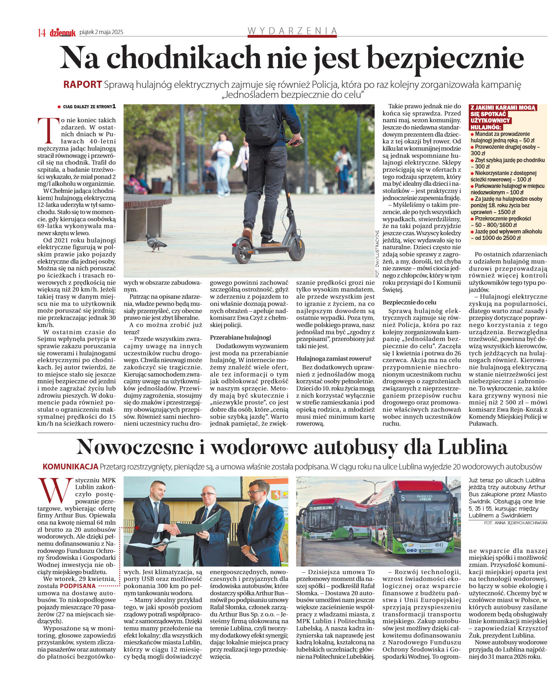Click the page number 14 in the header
click(42, 33)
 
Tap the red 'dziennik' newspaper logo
click(63, 33)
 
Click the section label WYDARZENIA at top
click(292, 31)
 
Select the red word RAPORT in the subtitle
click(83, 85)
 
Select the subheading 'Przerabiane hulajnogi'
click(240, 337)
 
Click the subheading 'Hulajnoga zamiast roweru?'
click(334, 359)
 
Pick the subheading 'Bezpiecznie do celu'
click(409, 302)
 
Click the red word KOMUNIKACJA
click(70, 467)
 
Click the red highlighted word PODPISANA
click(78, 586)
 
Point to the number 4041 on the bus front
click(439, 545)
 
